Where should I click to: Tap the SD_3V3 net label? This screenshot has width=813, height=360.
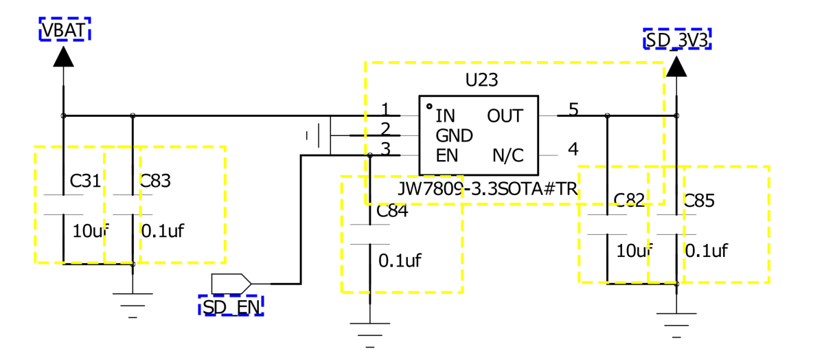(676, 40)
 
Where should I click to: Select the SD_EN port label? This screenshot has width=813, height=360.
(231, 306)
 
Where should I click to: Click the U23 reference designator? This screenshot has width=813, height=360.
(481, 80)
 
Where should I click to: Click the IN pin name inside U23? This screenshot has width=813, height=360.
(446, 115)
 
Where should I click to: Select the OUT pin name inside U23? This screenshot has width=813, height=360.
(505, 115)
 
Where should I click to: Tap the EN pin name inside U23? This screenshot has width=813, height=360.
(446, 156)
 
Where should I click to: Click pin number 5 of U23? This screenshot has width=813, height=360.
(573, 110)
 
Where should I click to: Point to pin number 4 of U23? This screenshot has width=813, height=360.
(573, 149)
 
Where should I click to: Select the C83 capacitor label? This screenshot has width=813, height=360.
(155, 181)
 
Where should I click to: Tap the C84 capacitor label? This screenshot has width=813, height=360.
(393, 212)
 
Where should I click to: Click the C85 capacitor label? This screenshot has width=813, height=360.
(699, 201)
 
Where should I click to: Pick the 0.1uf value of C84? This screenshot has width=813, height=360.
(400, 260)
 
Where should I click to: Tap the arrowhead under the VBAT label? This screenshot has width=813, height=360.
(64, 56)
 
